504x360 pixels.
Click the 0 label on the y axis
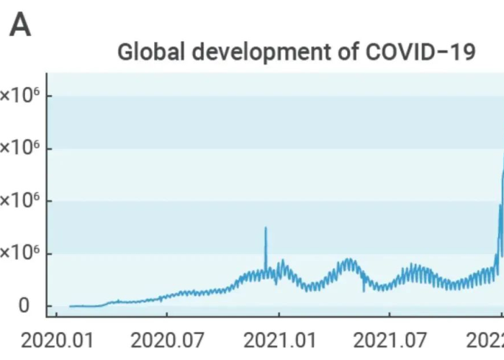tap(24, 306)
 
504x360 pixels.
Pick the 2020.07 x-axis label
tap(166, 339)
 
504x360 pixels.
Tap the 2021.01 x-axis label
tap(279, 339)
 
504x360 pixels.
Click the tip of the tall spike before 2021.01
tap(266, 228)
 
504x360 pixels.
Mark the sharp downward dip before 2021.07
tap(364, 291)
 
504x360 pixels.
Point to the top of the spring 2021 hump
tap(348, 258)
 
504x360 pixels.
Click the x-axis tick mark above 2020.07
tap(166, 316)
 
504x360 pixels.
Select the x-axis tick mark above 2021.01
tap(279, 316)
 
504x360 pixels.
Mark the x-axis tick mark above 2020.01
tap(55, 316)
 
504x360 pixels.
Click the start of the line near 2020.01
tap(70, 306)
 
